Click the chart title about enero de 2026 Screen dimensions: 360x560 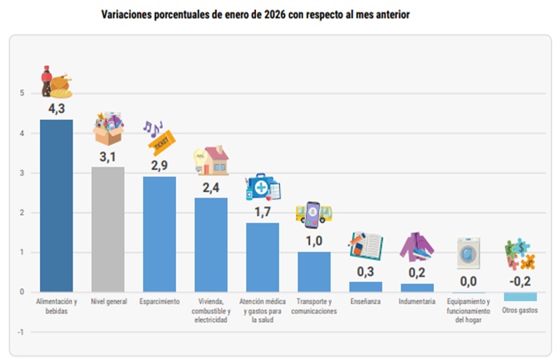(256, 15)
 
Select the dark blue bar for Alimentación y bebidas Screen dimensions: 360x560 (57, 206)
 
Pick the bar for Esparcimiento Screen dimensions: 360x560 (159, 234)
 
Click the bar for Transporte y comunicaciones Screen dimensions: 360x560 (314, 271)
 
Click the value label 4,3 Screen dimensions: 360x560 (56, 107)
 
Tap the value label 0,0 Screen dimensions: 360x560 (468, 281)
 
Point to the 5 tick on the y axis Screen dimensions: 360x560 (22, 94)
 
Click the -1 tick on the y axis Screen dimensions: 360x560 (21, 331)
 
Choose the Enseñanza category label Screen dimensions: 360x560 (366, 302)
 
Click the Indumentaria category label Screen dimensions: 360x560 (417, 302)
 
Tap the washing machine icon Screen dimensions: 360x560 (468, 253)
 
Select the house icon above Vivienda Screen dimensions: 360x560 (211, 160)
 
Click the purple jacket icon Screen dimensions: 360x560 (417, 247)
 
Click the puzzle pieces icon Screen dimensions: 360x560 (520, 254)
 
